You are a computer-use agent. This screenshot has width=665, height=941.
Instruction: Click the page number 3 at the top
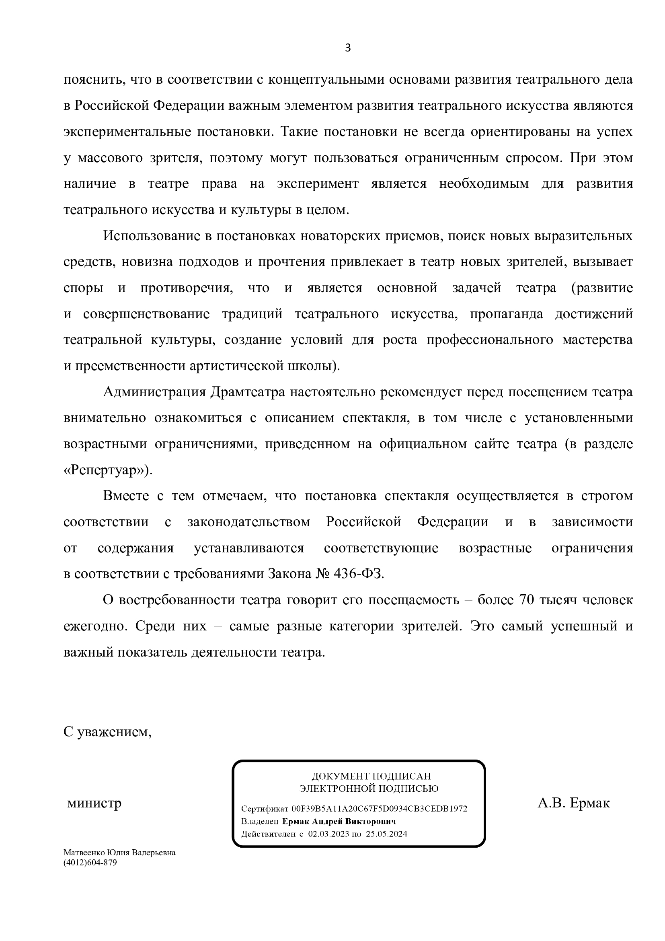(348, 48)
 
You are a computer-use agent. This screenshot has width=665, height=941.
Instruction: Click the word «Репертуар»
(107, 470)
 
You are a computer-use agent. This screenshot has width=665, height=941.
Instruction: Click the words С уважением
(107, 731)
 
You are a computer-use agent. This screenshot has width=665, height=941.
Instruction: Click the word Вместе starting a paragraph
(126, 496)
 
